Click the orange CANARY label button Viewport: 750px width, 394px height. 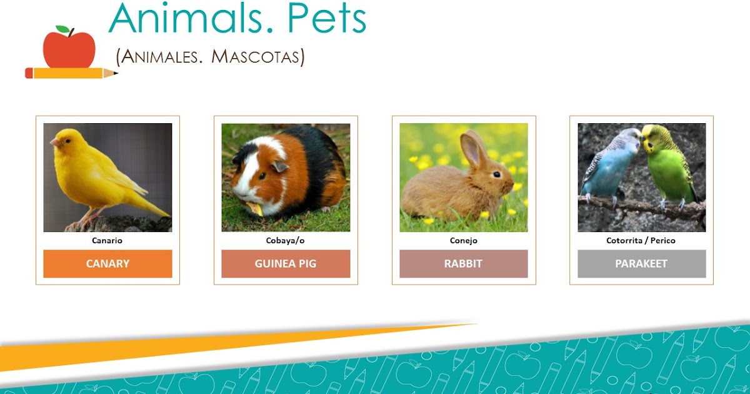pyautogui.click(x=107, y=263)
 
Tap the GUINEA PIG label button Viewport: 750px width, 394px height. pyautogui.click(x=286, y=263)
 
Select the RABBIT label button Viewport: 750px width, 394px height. pyautogui.click(x=463, y=263)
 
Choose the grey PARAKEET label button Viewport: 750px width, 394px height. pyautogui.click(x=641, y=263)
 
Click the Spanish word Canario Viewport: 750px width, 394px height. pyautogui.click(x=107, y=240)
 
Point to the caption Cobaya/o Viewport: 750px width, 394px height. pyautogui.click(x=286, y=240)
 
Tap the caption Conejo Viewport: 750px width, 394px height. pyautogui.click(x=463, y=240)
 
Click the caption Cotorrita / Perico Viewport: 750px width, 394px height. pyautogui.click(x=641, y=240)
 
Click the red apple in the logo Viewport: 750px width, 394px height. pyautogui.click(x=69, y=50)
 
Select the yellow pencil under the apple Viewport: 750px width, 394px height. pyautogui.click(x=69, y=73)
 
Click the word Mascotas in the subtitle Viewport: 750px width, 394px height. pyautogui.click(x=256, y=57)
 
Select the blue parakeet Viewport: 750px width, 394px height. pyautogui.click(x=609, y=166)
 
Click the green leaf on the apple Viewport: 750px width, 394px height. pyautogui.click(x=62, y=29)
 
